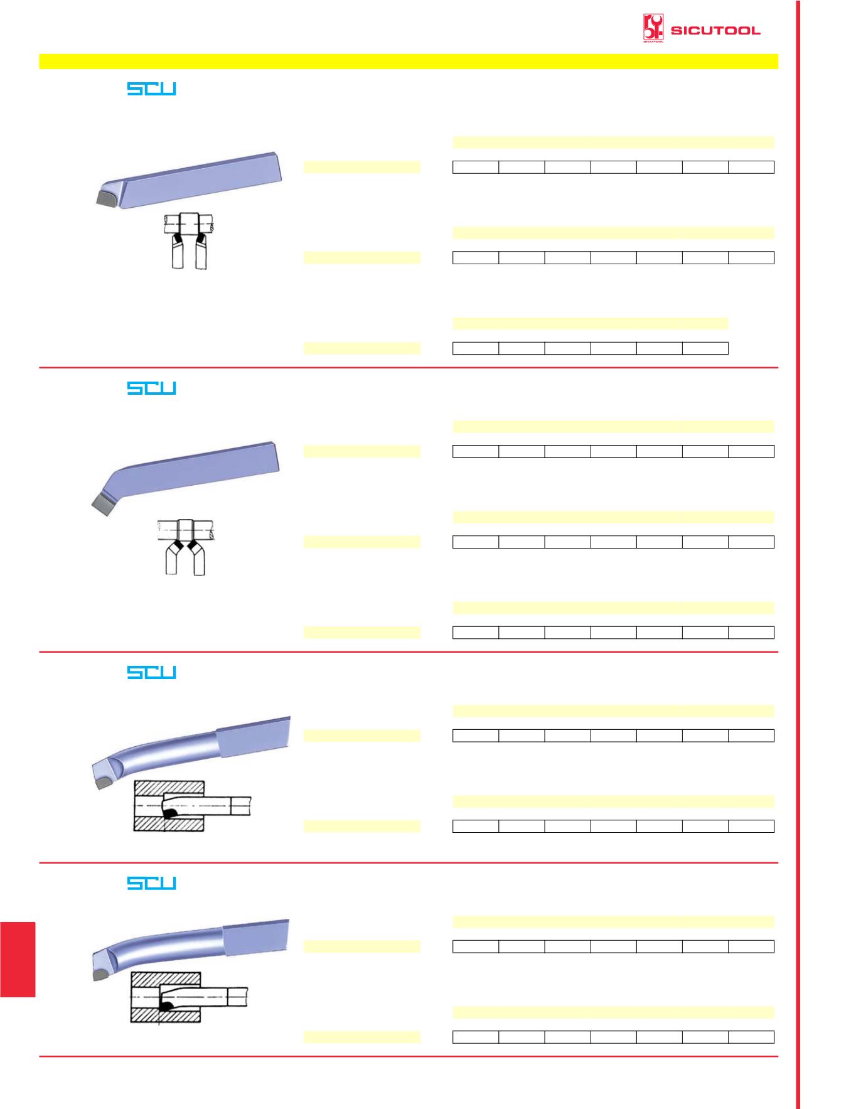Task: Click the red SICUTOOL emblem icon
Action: point(653,29)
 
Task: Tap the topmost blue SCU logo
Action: point(151,88)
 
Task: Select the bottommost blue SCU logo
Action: point(151,883)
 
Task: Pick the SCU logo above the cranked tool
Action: point(151,388)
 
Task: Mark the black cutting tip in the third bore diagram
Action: point(169,813)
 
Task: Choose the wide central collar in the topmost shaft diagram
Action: point(189,223)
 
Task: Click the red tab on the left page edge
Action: point(18,959)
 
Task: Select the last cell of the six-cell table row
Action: point(705,348)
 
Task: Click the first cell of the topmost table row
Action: point(476,167)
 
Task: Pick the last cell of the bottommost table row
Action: point(751,1037)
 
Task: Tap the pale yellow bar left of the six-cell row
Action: point(362,348)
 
